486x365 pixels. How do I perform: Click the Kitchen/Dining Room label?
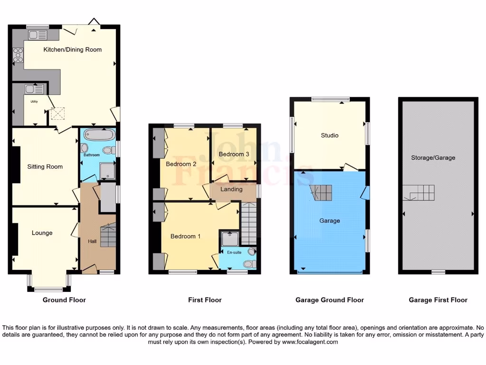[73, 49]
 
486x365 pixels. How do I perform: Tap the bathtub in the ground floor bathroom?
[98, 134]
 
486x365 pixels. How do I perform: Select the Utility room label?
[35, 101]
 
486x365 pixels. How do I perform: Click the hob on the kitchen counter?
[18, 57]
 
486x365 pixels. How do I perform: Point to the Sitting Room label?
[45, 167]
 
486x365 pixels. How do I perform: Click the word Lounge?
[42, 233]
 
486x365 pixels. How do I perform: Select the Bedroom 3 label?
[234, 154]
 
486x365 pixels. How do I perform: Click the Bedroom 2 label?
[181, 164]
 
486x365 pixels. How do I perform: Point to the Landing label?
[232, 189]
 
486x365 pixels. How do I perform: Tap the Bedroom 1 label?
[186, 236]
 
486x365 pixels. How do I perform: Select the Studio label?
[329, 135]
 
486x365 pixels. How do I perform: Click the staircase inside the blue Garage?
[322, 193]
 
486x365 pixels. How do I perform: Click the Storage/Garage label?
[433, 158]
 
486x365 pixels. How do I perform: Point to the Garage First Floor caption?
[438, 300]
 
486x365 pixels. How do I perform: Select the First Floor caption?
[205, 300]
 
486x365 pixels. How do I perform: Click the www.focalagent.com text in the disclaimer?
[310, 342]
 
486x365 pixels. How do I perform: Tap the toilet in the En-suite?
[249, 264]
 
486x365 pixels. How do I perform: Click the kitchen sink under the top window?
[37, 35]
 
